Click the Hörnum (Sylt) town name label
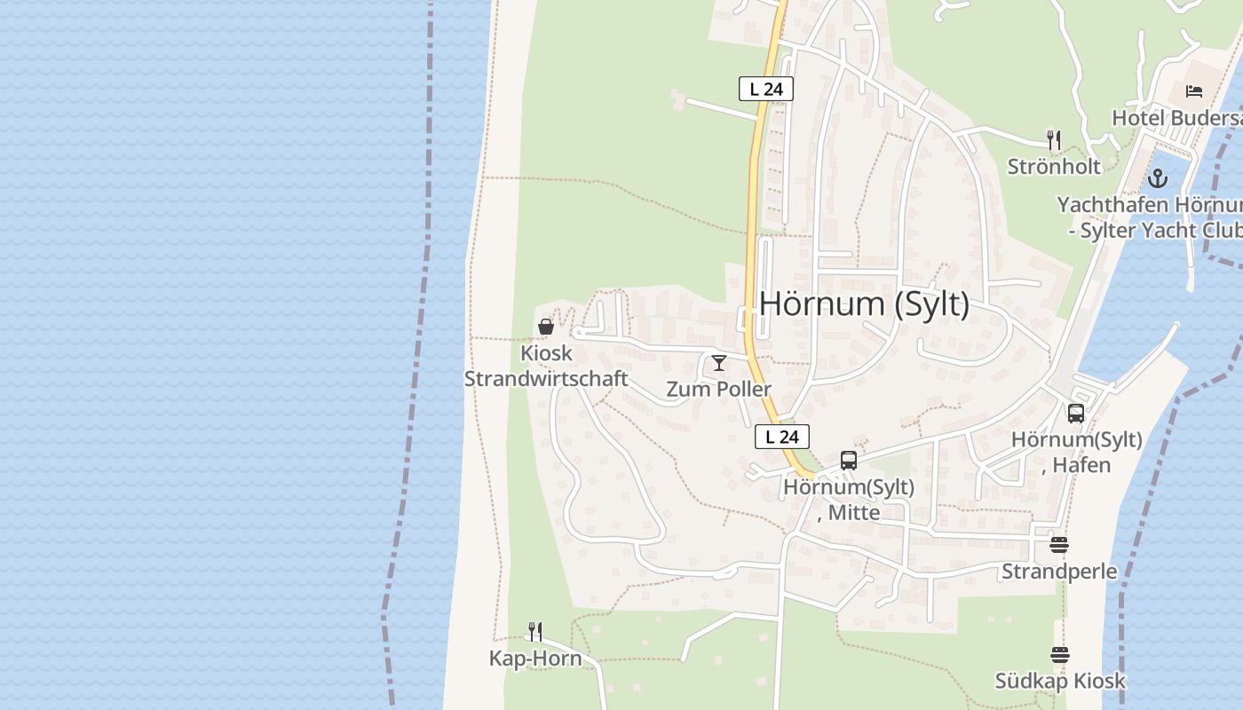click(864, 304)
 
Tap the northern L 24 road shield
click(765, 89)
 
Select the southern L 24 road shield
click(781, 437)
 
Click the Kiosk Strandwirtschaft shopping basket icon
click(546, 327)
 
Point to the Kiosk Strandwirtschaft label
click(546, 366)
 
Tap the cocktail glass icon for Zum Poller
click(719, 363)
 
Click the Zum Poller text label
click(719, 389)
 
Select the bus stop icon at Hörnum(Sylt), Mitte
click(849, 461)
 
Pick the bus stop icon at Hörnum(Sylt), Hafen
click(1076, 414)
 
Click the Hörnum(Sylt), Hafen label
click(1077, 452)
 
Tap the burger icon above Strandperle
click(1058, 544)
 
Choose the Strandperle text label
click(1059, 571)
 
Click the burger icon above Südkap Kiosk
click(1060, 655)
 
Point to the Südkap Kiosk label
click(1060, 681)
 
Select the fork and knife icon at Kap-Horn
click(535, 632)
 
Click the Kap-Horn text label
click(535, 658)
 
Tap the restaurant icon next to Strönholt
click(1054, 140)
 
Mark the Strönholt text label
click(1054, 166)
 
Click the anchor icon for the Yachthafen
click(1157, 178)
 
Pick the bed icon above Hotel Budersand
click(1194, 91)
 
